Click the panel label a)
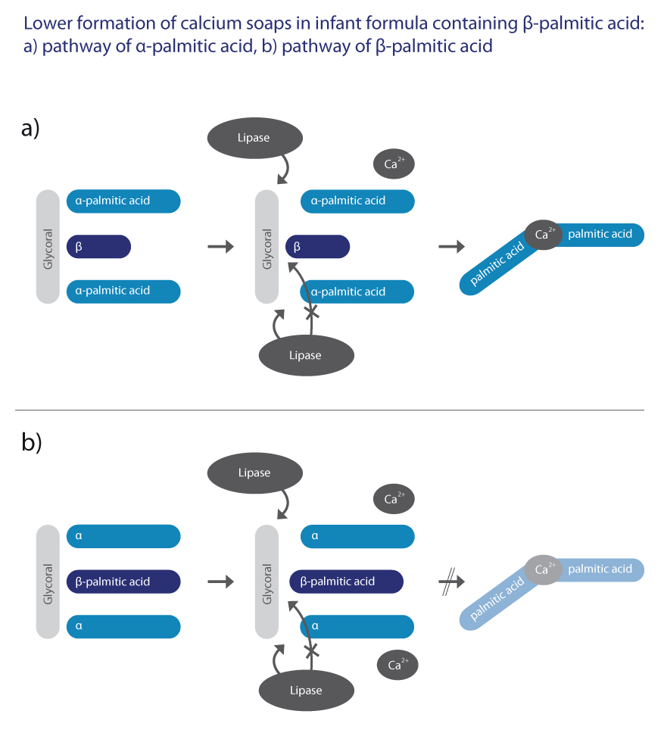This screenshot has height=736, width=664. pyautogui.click(x=30, y=128)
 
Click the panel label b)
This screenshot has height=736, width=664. pyautogui.click(x=32, y=441)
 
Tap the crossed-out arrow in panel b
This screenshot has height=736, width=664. pyautogui.click(x=452, y=582)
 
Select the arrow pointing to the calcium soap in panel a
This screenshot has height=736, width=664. pyautogui.click(x=452, y=246)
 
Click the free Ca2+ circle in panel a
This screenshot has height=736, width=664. pyautogui.click(x=394, y=164)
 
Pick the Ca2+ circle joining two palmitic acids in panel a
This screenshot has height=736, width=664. pyautogui.click(x=543, y=234)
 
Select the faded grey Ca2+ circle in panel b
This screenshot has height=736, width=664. pyautogui.click(x=543, y=569)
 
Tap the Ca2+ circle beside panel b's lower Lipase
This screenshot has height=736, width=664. pyautogui.click(x=397, y=665)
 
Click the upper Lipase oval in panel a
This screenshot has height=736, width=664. pyautogui.click(x=255, y=138)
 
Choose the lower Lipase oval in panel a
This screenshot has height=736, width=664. pyautogui.click(x=307, y=355)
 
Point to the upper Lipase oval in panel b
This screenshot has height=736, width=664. pyautogui.click(x=255, y=473)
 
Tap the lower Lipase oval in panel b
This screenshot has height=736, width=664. pyautogui.click(x=307, y=691)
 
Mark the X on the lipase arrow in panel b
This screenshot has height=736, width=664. pyautogui.click(x=312, y=650)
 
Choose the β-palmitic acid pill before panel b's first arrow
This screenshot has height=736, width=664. pyautogui.click(x=123, y=582)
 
